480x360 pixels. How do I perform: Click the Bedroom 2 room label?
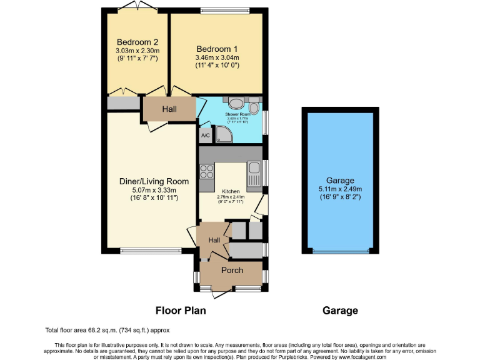coord(137,42)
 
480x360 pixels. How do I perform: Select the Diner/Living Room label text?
coord(149,181)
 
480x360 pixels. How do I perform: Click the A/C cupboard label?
coord(205,134)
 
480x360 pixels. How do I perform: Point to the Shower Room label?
coord(237,115)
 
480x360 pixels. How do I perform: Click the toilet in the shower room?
coord(255,106)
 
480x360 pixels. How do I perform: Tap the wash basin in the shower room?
coord(237,103)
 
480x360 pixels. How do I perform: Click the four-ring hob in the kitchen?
coord(206,171)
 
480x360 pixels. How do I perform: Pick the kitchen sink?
coord(254,168)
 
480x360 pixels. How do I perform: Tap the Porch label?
coord(232,271)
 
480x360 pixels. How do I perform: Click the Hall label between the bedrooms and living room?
coord(169,109)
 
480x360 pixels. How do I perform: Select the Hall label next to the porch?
coord(214,240)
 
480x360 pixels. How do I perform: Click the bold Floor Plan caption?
coord(181,310)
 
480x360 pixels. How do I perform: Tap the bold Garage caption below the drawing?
coord(340,310)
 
